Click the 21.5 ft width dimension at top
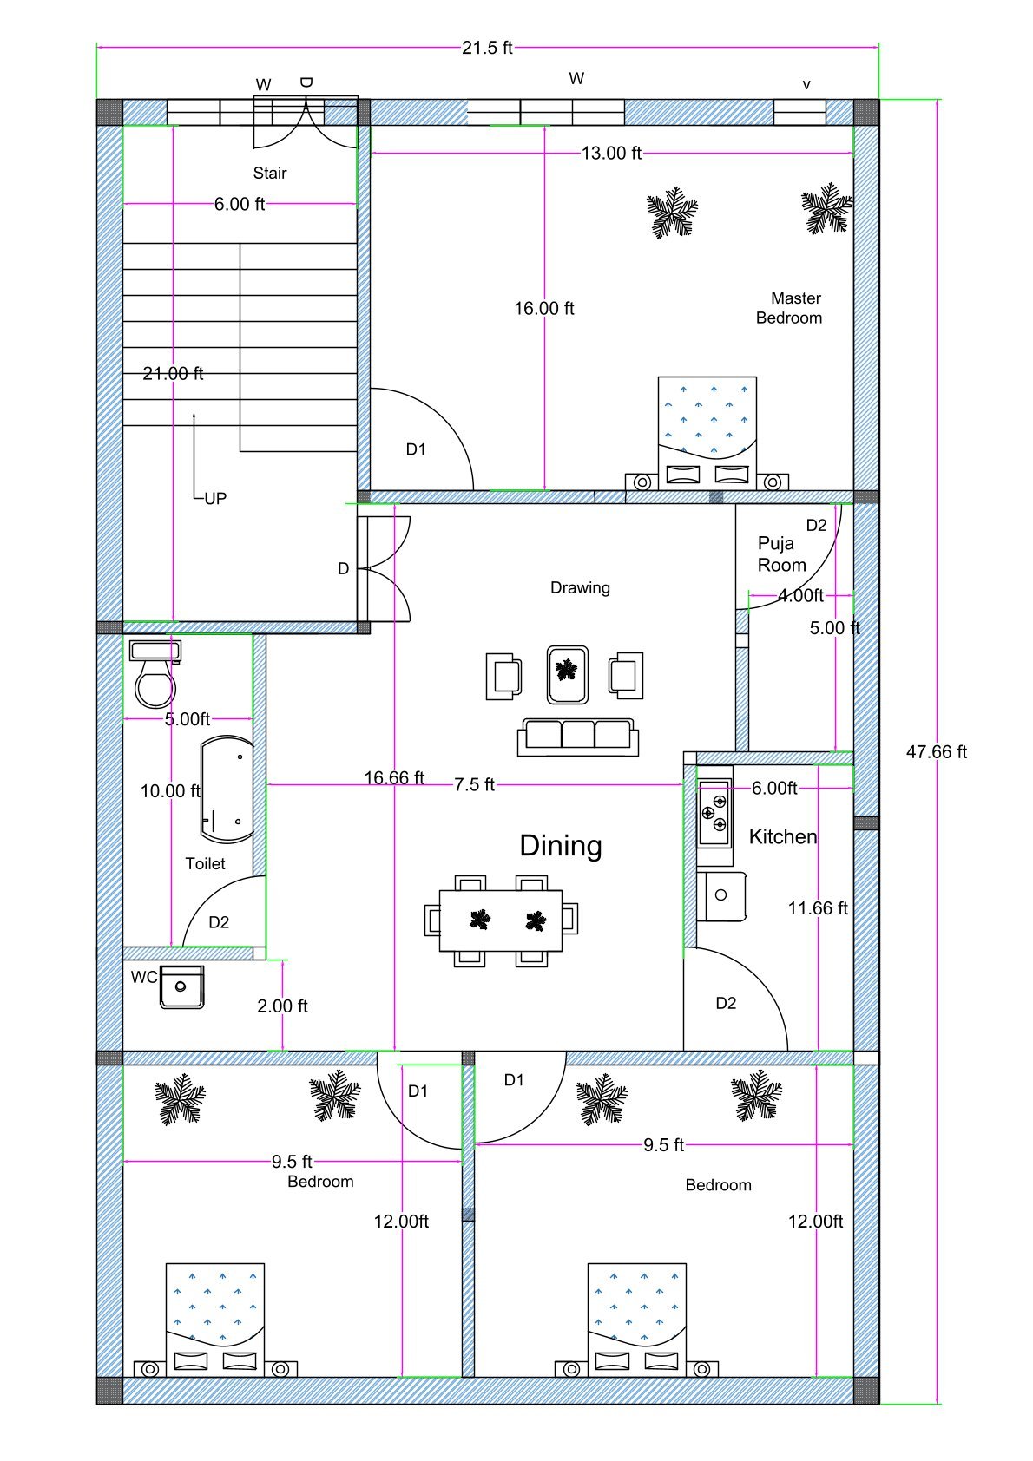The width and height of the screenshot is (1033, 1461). pyautogui.click(x=487, y=48)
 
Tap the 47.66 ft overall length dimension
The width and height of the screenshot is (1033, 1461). pyautogui.click(x=936, y=752)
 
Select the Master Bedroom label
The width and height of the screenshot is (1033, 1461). pyautogui.click(x=789, y=308)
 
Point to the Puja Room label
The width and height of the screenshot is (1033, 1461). pyautogui.click(x=781, y=554)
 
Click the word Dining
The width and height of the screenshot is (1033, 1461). pyautogui.click(x=560, y=846)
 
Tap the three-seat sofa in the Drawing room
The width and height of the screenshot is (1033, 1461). pyautogui.click(x=578, y=736)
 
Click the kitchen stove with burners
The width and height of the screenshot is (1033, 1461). pyautogui.click(x=714, y=813)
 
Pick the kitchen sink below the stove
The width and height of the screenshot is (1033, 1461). pyautogui.click(x=721, y=896)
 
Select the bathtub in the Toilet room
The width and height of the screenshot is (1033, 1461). pyautogui.click(x=227, y=789)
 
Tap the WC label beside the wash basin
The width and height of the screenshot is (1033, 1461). pyautogui.click(x=143, y=978)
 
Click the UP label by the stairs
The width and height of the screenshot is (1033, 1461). pyautogui.click(x=214, y=499)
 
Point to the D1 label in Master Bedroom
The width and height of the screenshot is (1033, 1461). pyautogui.click(x=416, y=449)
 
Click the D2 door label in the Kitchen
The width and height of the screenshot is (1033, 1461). pyautogui.click(x=726, y=1003)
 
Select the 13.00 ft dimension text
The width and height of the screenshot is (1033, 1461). pyautogui.click(x=611, y=154)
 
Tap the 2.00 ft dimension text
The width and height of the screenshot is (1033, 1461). pyautogui.click(x=282, y=1006)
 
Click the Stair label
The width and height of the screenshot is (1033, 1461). pyautogui.click(x=269, y=174)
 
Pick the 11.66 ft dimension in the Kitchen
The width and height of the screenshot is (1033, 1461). pyautogui.click(x=818, y=908)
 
